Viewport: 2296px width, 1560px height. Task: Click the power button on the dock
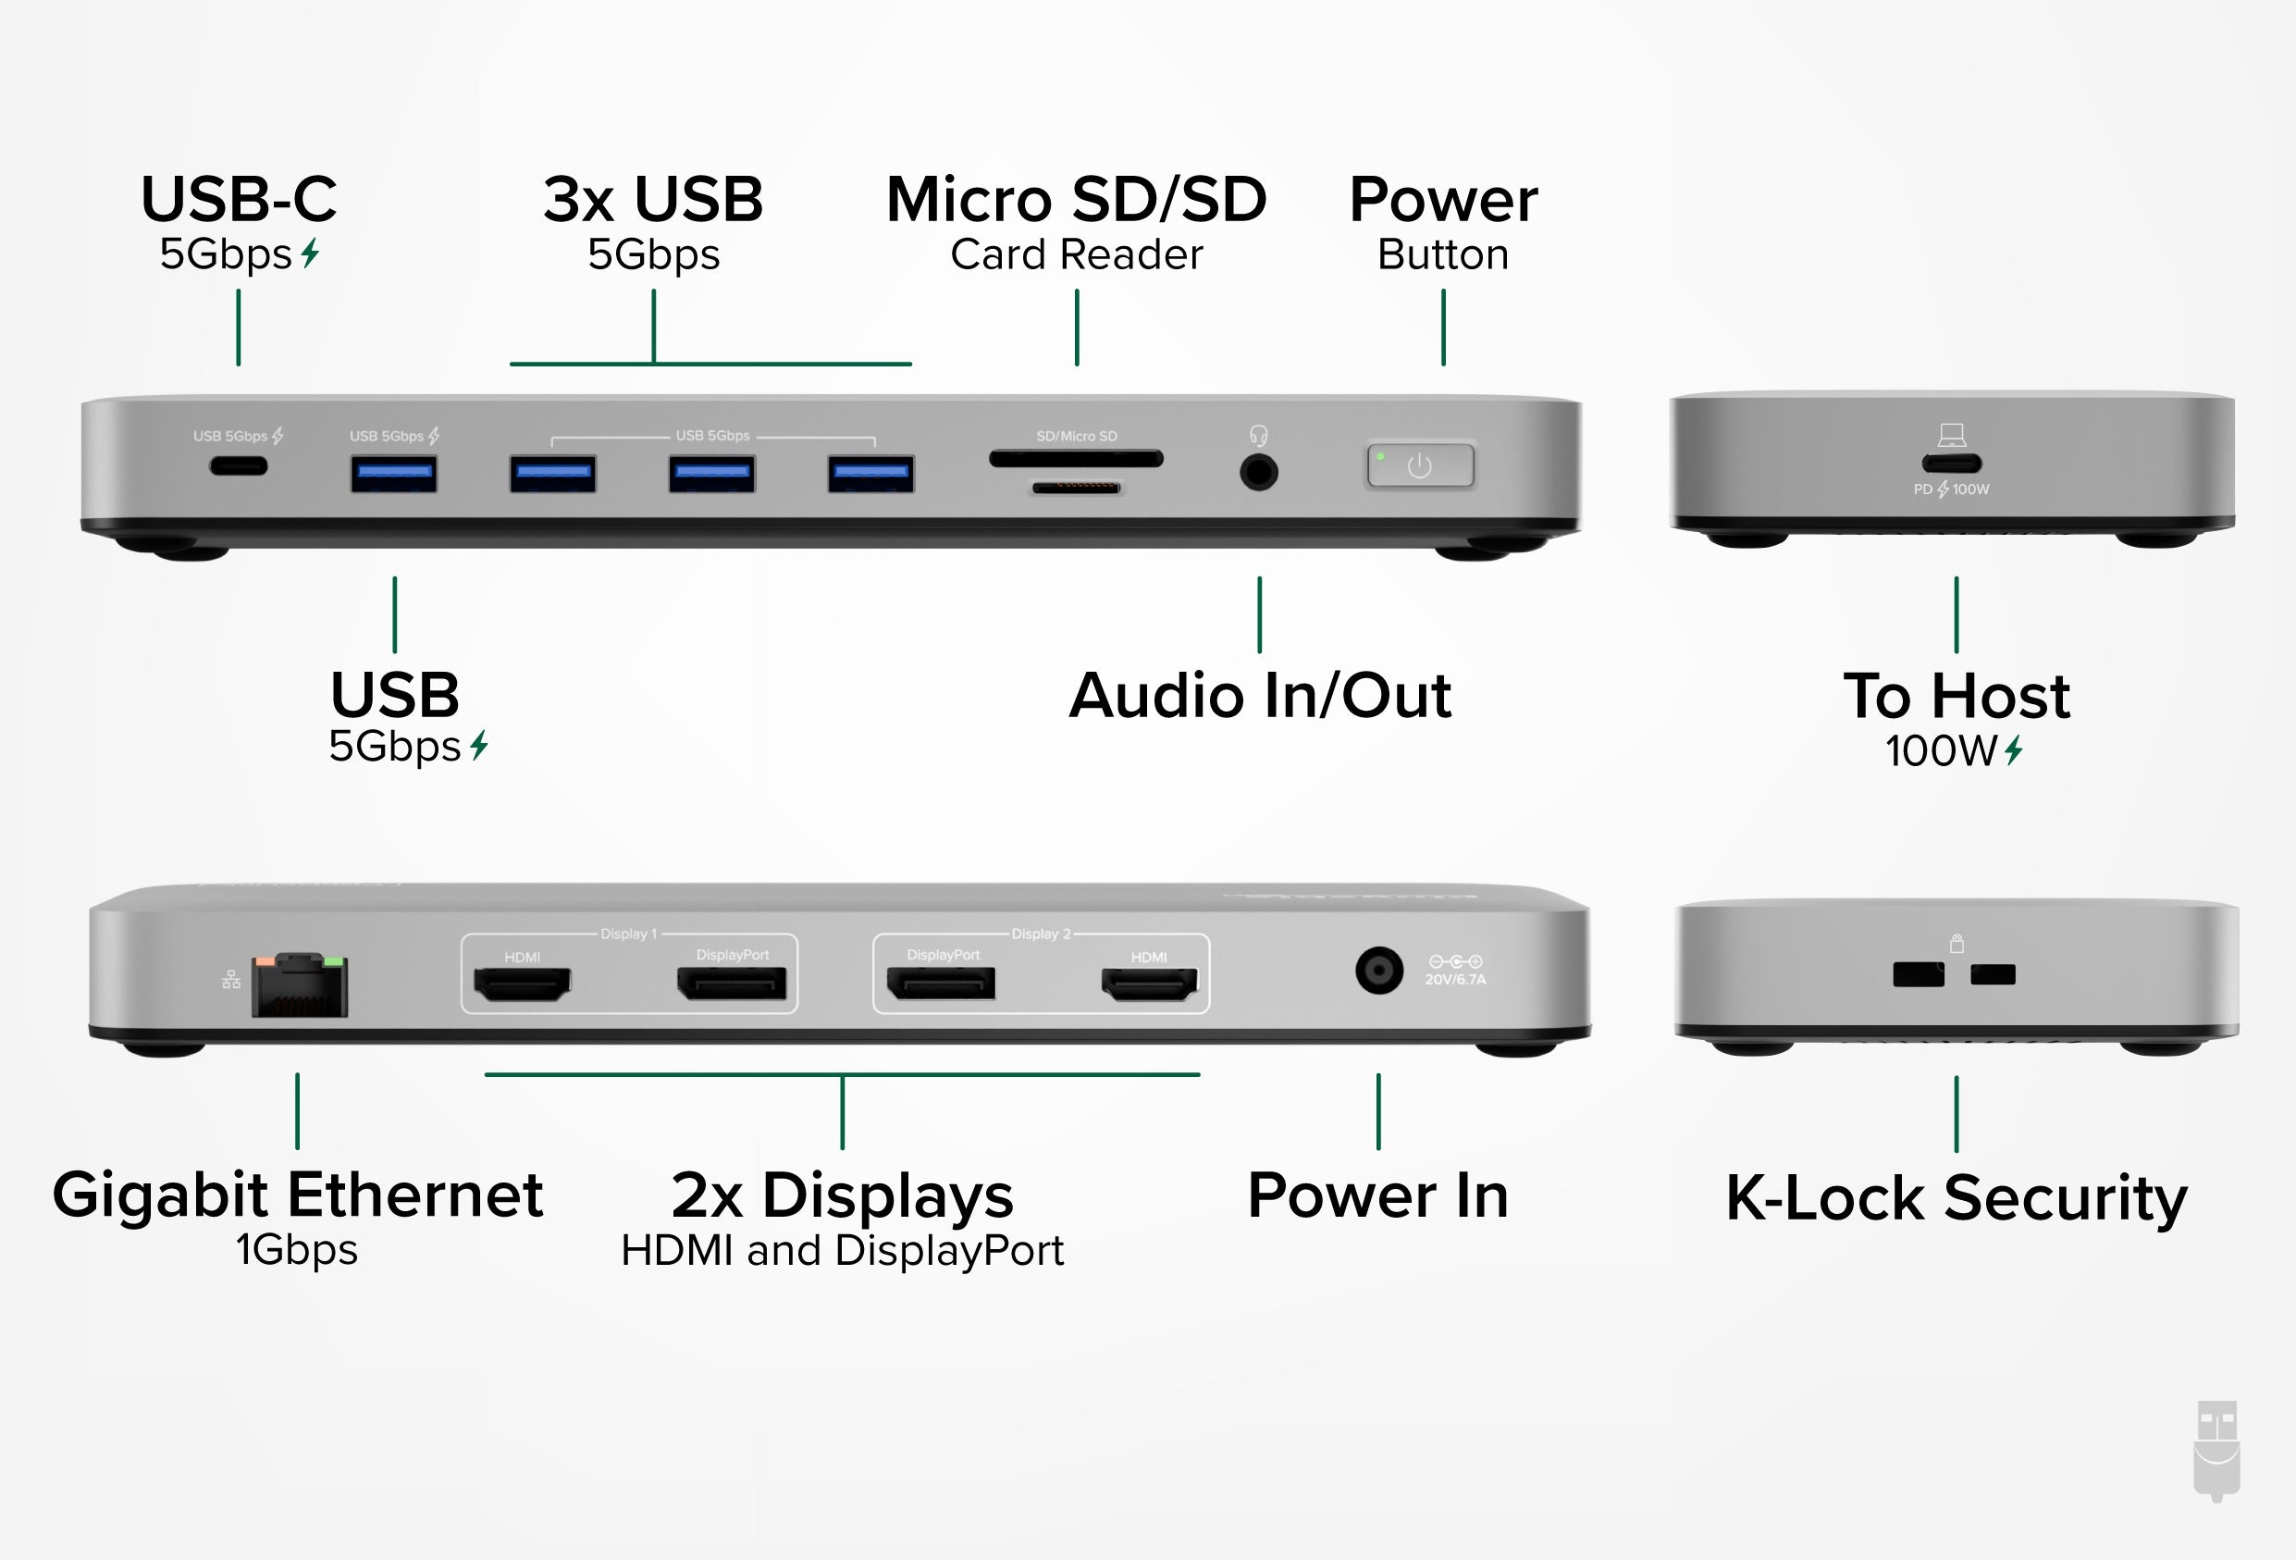click(x=1420, y=466)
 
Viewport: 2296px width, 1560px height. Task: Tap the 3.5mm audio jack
click(x=1259, y=472)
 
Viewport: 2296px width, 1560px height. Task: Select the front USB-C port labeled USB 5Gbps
click(x=238, y=466)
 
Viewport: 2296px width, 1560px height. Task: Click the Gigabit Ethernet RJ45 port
click(x=300, y=986)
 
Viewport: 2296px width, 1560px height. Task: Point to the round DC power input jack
click(x=1379, y=972)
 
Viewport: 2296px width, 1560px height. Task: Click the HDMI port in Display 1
click(x=523, y=984)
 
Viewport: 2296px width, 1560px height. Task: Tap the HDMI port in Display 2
click(x=1149, y=984)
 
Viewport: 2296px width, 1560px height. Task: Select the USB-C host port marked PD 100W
click(x=1951, y=464)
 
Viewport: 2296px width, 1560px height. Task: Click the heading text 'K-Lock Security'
click(x=1957, y=1198)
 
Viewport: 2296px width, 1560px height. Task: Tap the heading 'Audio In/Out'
click(x=1260, y=696)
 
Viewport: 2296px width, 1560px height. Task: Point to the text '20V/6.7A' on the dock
click(x=1455, y=980)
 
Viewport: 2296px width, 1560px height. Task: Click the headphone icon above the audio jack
click(x=1259, y=436)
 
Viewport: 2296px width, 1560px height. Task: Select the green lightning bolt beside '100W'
click(x=2015, y=751)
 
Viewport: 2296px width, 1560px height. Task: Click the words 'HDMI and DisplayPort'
click(x=842, y=1251)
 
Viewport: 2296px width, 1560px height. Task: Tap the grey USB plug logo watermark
click(x=2217, y=1450)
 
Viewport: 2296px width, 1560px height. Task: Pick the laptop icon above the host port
click(x=1951, y=435)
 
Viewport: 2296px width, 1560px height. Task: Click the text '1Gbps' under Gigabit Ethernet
click(x=296, y=1250)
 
